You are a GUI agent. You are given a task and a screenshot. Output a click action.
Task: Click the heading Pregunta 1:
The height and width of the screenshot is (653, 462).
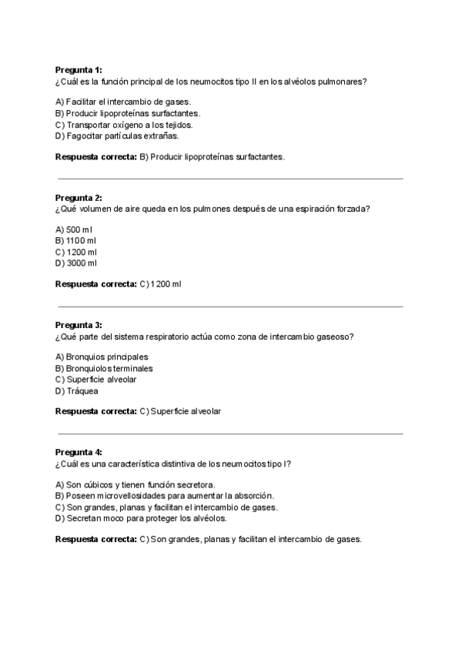[79, 70]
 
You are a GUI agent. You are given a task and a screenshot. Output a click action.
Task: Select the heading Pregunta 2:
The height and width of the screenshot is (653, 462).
[79, 198]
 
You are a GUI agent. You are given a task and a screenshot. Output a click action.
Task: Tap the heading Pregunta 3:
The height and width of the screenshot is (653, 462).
[79, 325]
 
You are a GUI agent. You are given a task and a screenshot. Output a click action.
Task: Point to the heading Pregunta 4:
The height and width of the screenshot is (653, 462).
[79, 452]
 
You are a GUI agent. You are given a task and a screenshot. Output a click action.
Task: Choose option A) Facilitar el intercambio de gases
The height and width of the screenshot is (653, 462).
[123, 102]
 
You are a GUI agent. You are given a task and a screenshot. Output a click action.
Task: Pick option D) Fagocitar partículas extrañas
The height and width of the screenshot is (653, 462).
[117, 136]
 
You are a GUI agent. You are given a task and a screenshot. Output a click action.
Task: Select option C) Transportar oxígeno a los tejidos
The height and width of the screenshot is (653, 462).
[124, 125]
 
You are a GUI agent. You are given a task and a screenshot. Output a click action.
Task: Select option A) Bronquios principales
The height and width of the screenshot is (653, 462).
[102, 357]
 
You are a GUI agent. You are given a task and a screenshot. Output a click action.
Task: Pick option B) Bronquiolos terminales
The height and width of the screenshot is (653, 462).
[104, 368]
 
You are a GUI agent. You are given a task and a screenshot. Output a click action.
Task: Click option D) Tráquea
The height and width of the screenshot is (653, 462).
[77, 390]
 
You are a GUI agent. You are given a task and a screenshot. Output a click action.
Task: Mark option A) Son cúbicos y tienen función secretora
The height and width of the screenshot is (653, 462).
[135, 484]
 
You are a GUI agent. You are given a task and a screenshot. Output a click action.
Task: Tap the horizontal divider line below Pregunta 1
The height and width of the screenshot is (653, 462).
[231, 179]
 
